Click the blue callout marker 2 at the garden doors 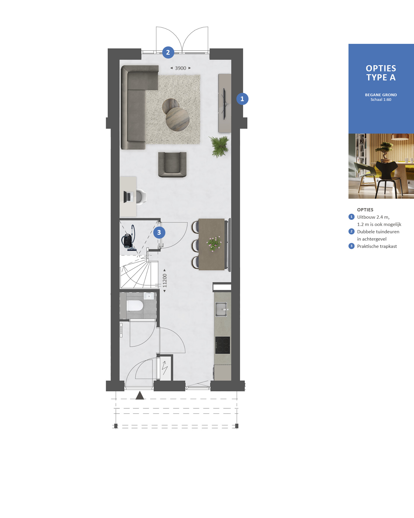[168, 52]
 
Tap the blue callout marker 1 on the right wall [242, 99]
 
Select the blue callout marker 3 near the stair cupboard [159, 232]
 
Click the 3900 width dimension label [181, 68]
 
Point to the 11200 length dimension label [165, 280]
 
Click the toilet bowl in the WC [135, 306]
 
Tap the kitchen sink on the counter [221, 310]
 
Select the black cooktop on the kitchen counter [223, 345]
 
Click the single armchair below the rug [172, 165]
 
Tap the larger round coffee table [178, 119]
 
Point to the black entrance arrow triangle [140, 395]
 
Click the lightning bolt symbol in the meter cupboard [165, 368]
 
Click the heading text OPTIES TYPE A [381, 73]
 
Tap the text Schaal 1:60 [381, 100]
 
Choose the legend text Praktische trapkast [377, 246]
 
